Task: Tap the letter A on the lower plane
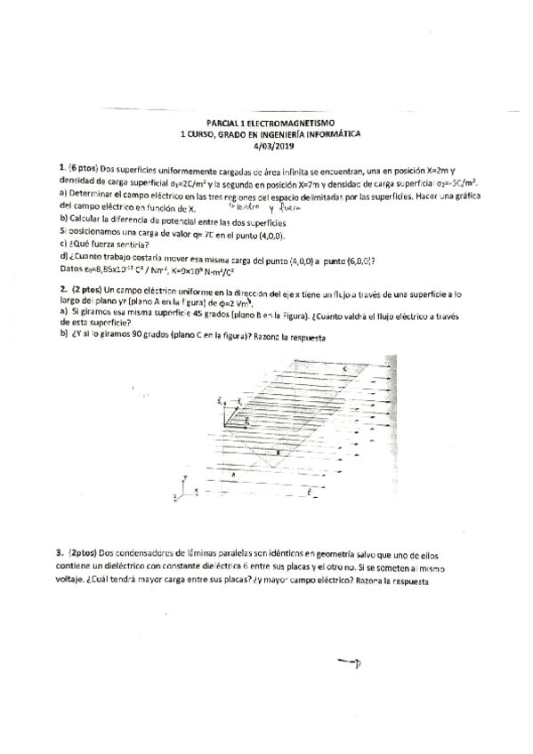234,475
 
